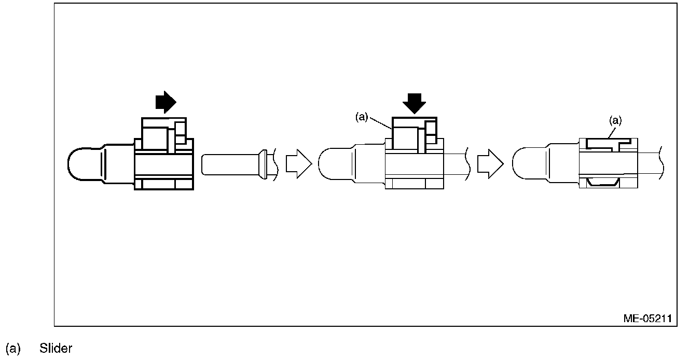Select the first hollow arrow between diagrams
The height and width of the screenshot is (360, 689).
(298, 164)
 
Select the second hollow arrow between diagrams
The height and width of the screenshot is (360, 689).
(490, 164)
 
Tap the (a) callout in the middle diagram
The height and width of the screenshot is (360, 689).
(362, 117)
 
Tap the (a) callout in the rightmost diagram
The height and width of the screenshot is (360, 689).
(615, 120)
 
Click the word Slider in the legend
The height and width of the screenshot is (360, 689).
(56, 349)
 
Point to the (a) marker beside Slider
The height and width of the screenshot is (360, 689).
(12, 349)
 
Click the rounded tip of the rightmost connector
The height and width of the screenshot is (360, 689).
(521, 165)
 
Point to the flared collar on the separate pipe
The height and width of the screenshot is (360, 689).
(263, 164)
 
